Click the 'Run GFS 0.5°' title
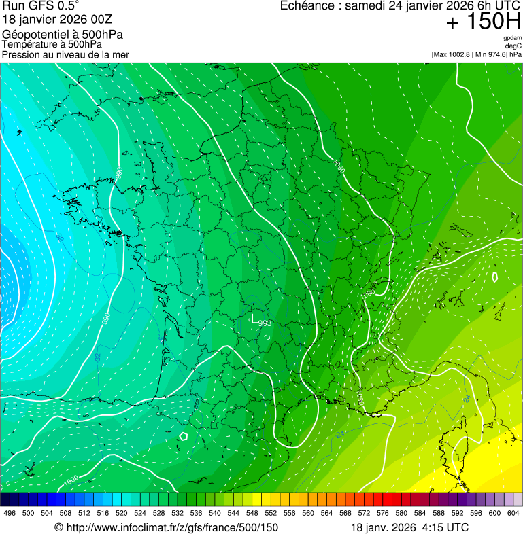(x=41, y=7)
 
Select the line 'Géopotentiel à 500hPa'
(x=63, y=35)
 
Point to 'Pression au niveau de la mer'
(x=65, y=54)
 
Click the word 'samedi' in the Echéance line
(x=366, y=6)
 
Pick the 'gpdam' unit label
(x=512, y=38)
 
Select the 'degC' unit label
(x=513, y=46)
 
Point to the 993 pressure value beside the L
(x=265, y=323)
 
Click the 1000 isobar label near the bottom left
(x=71, y=482)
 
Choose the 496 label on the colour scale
(x=10, y=513)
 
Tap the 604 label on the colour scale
(x=513, y=513)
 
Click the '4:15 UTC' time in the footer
(x=446, y=527)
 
